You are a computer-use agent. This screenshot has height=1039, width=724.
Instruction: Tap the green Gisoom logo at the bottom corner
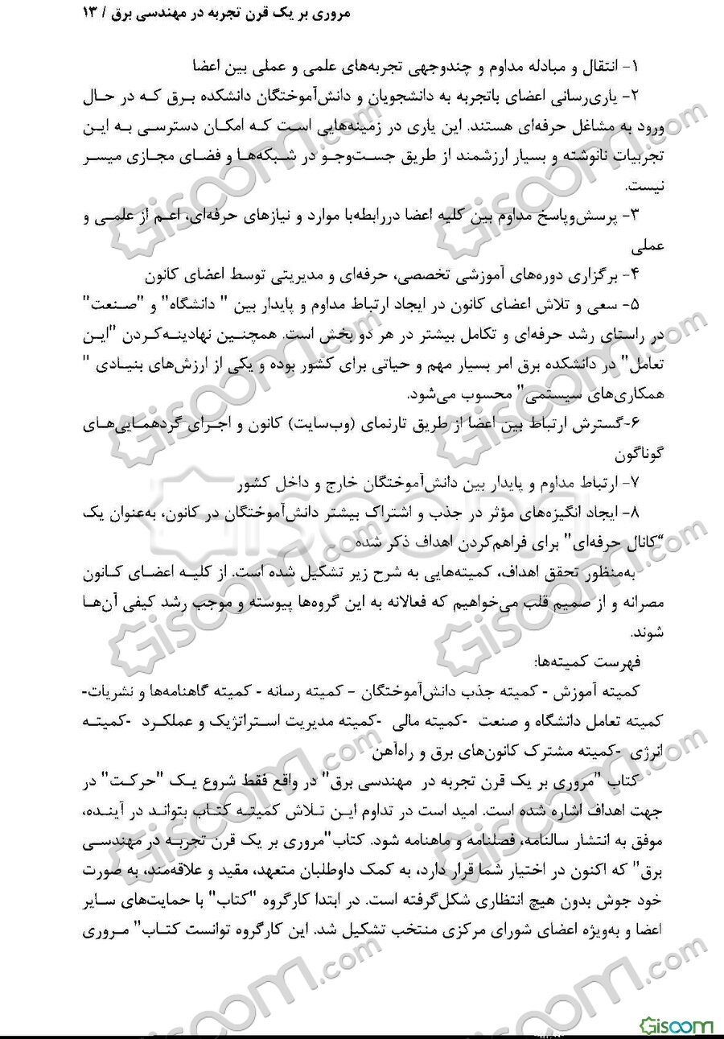(677, 1025)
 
